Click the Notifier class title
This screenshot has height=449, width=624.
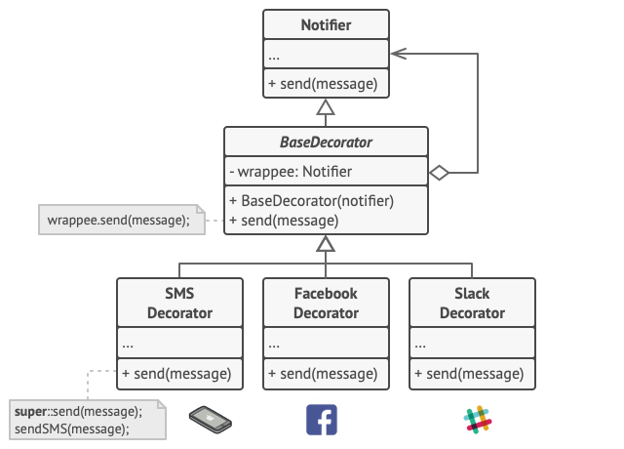[326, 24]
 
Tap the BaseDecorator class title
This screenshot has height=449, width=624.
[326, 143]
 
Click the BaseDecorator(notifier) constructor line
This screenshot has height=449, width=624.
[311, 201]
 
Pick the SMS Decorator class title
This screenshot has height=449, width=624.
[179, 303]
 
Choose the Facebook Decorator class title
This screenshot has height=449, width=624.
[326, 303]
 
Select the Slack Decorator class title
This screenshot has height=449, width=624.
[472, 303]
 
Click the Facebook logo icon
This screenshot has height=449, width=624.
[321, 418]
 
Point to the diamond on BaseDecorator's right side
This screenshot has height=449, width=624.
[439, 173]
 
